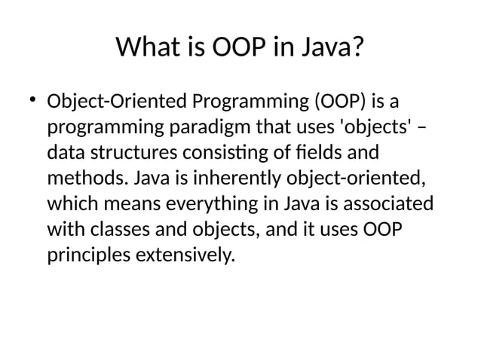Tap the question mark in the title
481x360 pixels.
[x=357, y=50]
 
